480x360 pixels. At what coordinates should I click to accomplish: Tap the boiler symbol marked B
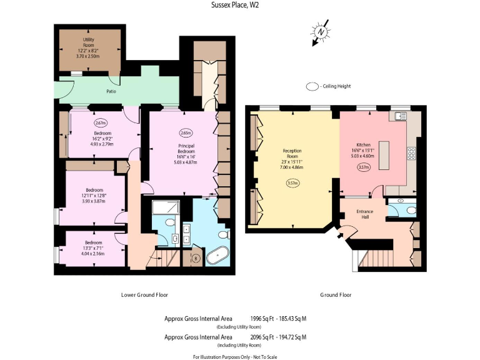pyautogui.click(x=196, y=257)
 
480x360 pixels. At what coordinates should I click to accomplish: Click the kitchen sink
pyautogui.click(x=400, y=116)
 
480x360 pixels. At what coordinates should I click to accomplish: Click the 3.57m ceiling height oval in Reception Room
pyautogui.click(x=292, y=183)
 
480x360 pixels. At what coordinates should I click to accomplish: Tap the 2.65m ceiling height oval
pyautogui.click(x=185, y=133)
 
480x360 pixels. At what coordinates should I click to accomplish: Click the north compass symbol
pyautogui.click(x=321, y=32)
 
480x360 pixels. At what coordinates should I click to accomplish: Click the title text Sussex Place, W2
pyautogui.click(x=240, y=6)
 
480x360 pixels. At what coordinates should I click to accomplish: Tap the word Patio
pyautogui.click(x=110, y=91)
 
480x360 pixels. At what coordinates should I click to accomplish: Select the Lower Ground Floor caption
pyautogui.click(x=144, y=294)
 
